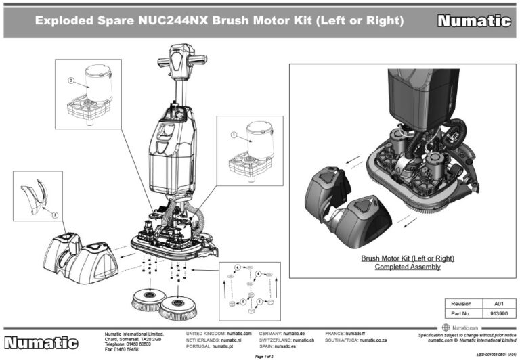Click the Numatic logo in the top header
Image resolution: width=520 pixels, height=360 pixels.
[473, 21]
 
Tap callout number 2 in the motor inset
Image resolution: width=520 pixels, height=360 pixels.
[70, 80]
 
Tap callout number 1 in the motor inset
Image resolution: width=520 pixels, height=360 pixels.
[234, 135]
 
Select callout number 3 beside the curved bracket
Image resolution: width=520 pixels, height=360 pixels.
[55, 215]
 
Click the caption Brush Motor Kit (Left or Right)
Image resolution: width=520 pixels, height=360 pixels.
[407, 258]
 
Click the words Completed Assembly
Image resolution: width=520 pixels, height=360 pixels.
[407, 267]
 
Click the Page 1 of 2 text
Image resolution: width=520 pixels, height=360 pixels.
[263, 355]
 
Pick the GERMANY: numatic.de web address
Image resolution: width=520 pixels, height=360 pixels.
[286, 334]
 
